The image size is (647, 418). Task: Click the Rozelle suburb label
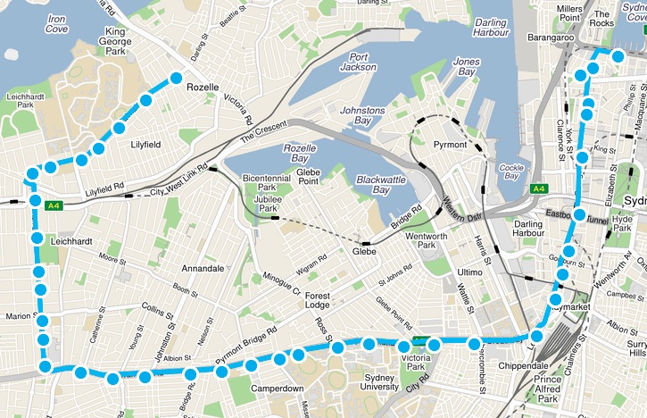click(x=203, y=88)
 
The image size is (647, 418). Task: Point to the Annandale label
click(x=203, y=268)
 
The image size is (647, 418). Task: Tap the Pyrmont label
click(x=450, y=145)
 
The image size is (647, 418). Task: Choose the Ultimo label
click(x=469, y=272)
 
